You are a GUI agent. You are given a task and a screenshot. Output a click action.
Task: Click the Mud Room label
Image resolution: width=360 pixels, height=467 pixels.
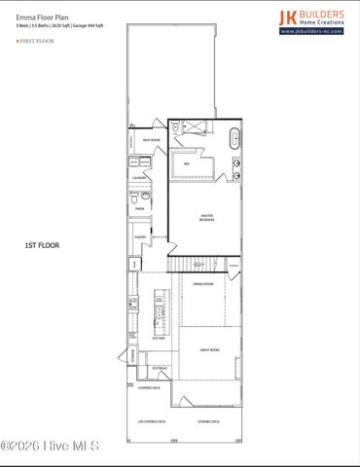pyautogui.click(x=151, y=140)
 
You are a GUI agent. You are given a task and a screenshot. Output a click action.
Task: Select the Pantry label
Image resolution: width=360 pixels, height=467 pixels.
pyautogui.click(x=139, y=236)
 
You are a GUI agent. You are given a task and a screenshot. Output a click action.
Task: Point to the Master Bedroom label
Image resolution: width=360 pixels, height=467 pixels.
pyautogui.click(x=206, y=219)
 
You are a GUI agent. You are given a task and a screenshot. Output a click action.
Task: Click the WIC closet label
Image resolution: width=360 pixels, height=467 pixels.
pyautogui.click(x=186, y=163)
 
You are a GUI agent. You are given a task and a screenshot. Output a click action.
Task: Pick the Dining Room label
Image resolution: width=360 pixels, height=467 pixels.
pyautogui.click(x=202, y=284)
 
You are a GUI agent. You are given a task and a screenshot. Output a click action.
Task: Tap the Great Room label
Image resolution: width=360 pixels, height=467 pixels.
pyautogui.click(x=207, y=348)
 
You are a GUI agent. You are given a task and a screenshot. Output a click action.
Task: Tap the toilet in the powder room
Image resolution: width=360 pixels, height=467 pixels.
pyautogui.click(x=132, y=196)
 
